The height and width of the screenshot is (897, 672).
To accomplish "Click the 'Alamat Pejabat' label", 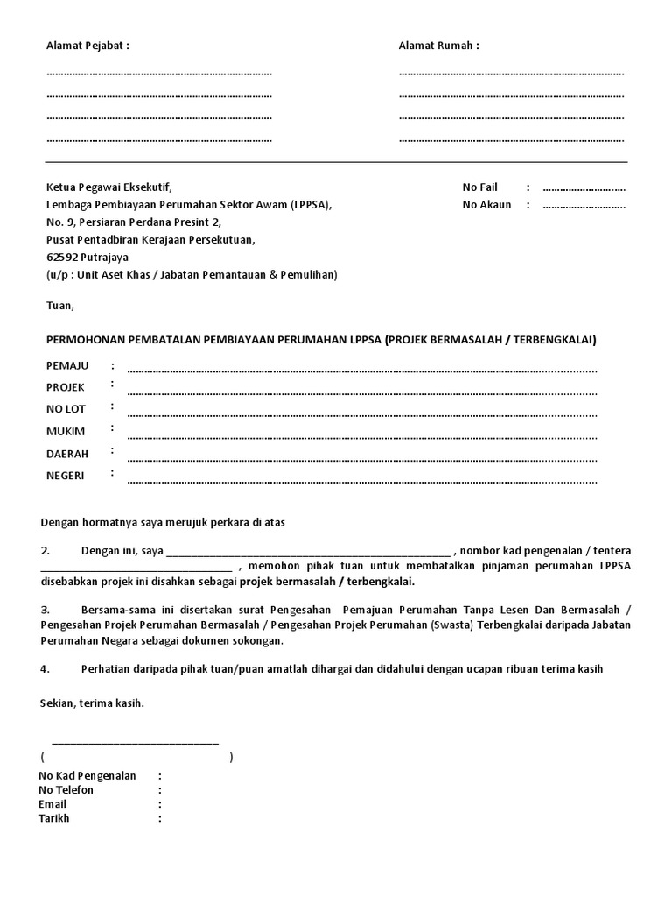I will (87, 46).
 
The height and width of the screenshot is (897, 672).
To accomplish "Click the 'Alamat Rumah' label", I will (438, 46).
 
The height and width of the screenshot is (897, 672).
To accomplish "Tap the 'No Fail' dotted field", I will (584, 187).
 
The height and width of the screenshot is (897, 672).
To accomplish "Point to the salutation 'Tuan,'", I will (60, 306).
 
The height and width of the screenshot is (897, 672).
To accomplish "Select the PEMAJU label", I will (67, 364).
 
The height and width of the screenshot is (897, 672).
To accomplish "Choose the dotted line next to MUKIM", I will (362, 436).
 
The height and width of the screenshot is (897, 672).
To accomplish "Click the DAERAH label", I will (68, 454).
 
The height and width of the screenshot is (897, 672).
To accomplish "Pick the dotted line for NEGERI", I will (362, 481).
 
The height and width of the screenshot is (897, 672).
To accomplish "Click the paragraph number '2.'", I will (45, 550).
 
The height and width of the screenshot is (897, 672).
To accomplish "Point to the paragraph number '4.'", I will (45, 668).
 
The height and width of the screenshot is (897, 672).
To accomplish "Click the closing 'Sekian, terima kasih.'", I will (92, 703).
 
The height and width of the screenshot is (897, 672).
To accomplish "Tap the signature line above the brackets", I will (135, 743).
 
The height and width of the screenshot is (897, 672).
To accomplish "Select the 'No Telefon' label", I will (66, 790).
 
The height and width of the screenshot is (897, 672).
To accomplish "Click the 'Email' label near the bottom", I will (52, 804).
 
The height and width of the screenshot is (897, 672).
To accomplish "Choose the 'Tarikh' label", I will (54, 818).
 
